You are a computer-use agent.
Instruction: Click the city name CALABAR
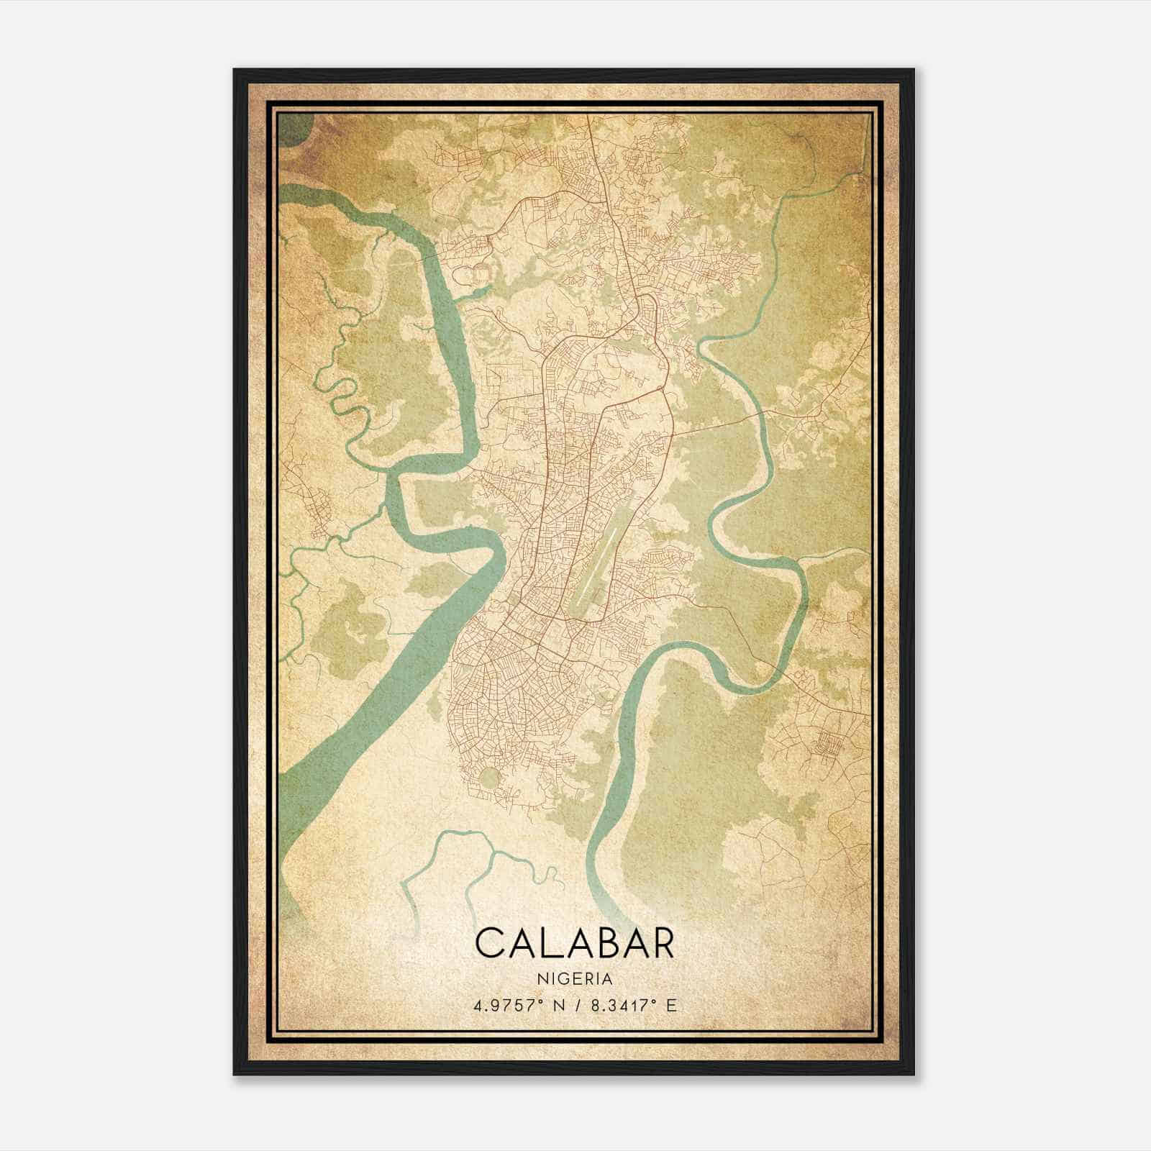point(575,943)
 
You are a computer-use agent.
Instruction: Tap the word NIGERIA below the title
point(575,979)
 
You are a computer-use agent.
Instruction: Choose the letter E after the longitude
point(672,1006)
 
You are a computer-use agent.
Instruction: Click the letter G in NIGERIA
point(566,979)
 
